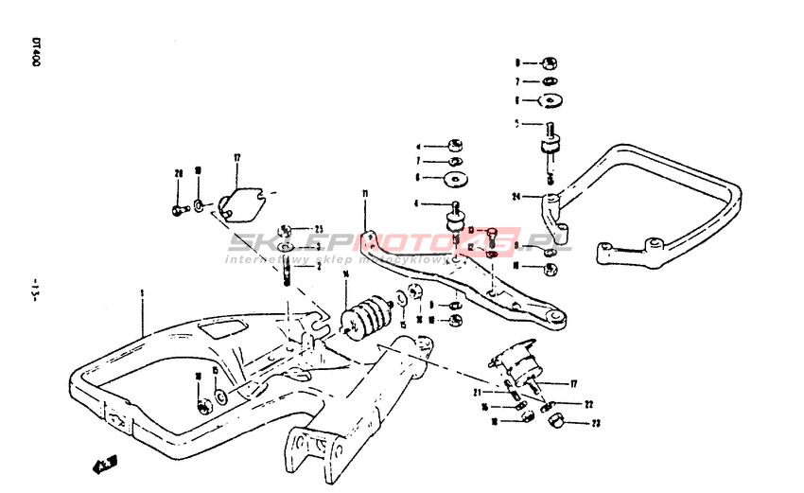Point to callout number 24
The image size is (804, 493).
click(516, 197)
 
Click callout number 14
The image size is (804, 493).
click(346, 274)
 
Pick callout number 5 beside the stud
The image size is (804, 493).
click(517, 123)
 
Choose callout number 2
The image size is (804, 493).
click(319, 267)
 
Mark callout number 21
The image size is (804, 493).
click(479, 392)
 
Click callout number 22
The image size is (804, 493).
click(587, 404)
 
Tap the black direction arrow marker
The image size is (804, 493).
click(104, 464)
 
